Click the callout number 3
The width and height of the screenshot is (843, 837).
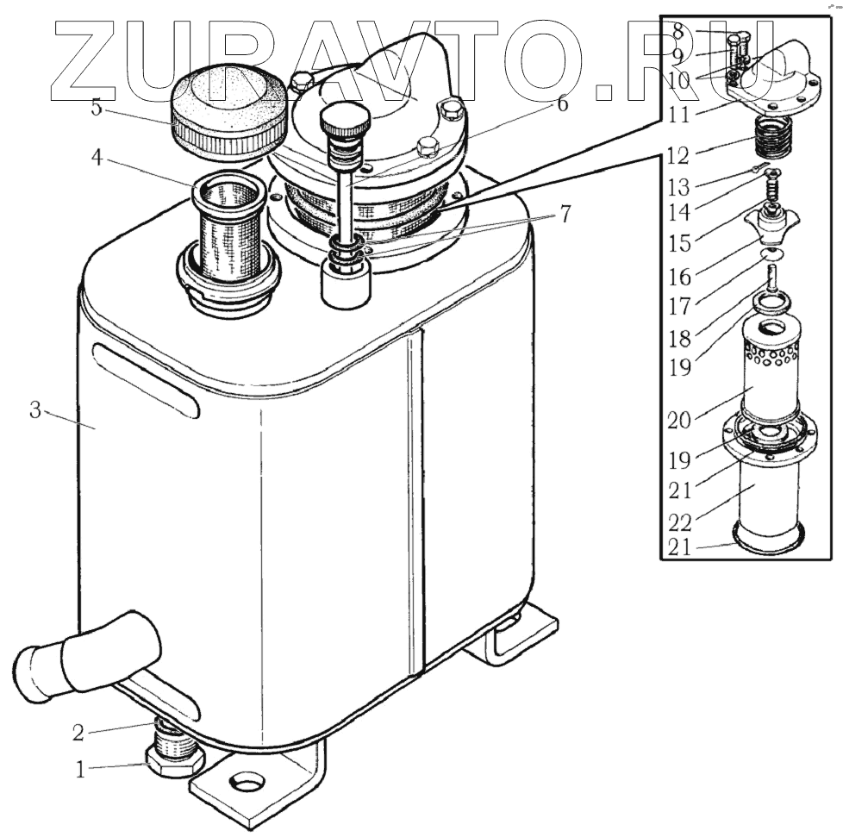(x=35, y=410)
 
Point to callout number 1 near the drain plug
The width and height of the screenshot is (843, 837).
(x=80, y=770)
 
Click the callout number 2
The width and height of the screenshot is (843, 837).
(x=78, y=734)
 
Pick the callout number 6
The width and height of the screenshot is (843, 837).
(x=562, y=104)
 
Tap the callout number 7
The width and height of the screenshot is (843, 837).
(x=565, y=215)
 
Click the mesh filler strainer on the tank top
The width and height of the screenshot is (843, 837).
(x=228, y=228)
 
